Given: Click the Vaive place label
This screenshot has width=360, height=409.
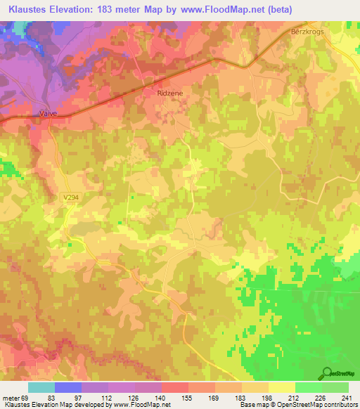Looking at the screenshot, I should pyautogui.click(x=47, y=112).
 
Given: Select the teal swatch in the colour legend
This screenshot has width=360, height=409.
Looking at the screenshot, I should pyautogui.click(x=41, y=387).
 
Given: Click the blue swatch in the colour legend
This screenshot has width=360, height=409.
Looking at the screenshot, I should pyautogui.click(x=68, y=387).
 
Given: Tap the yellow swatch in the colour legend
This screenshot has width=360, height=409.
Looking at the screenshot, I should pyautogui.click(x=282, y=387).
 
